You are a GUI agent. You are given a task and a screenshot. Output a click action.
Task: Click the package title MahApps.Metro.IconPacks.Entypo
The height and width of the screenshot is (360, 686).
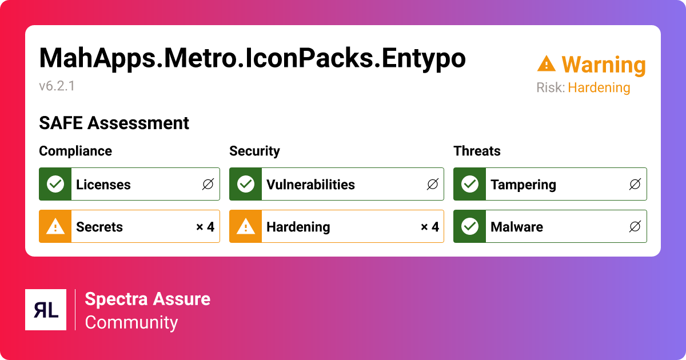(x=252, y=59)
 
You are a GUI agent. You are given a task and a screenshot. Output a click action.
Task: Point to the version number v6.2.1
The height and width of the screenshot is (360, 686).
(x=57, y=86)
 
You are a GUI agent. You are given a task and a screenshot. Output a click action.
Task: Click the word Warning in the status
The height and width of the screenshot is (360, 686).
(x=603, y=65)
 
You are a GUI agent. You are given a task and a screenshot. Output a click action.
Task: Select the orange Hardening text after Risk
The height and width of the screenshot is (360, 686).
(x=599, y=88)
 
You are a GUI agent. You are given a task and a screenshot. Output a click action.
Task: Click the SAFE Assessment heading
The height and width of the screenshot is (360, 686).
(x=114, y=123)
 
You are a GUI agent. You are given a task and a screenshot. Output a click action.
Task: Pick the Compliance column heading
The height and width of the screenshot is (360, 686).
(x=75, y=151)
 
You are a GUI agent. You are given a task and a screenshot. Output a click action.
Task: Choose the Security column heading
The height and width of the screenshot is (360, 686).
(x=254, y=151)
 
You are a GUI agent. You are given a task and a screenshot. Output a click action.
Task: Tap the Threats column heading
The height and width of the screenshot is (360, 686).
(x=477, y=151)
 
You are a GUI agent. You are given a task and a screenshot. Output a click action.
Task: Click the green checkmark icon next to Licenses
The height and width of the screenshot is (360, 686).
(x=55, y=184)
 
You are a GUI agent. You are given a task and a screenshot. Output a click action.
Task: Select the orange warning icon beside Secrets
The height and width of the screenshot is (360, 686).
(x=55, y=227)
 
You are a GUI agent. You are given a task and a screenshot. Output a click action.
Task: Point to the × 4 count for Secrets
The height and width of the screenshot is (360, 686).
(x=205, y=227)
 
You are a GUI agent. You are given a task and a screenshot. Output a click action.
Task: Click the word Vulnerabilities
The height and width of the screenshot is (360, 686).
(x=310, y=185)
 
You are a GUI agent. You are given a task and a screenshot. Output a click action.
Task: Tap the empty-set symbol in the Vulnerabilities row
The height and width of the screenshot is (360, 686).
(x=432, y=185)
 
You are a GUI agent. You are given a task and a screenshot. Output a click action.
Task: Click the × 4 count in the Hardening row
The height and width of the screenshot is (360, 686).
(x=429, y=227)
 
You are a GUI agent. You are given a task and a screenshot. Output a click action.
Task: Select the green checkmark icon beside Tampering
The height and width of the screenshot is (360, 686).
(x=469, y=184)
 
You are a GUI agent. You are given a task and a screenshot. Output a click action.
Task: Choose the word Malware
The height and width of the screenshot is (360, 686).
(x=516, y=227)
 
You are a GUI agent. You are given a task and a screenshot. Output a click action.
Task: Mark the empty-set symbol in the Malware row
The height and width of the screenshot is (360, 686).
(x=635, y=227)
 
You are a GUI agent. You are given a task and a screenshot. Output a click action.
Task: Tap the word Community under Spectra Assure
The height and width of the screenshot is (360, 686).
(x=131, y=322)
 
